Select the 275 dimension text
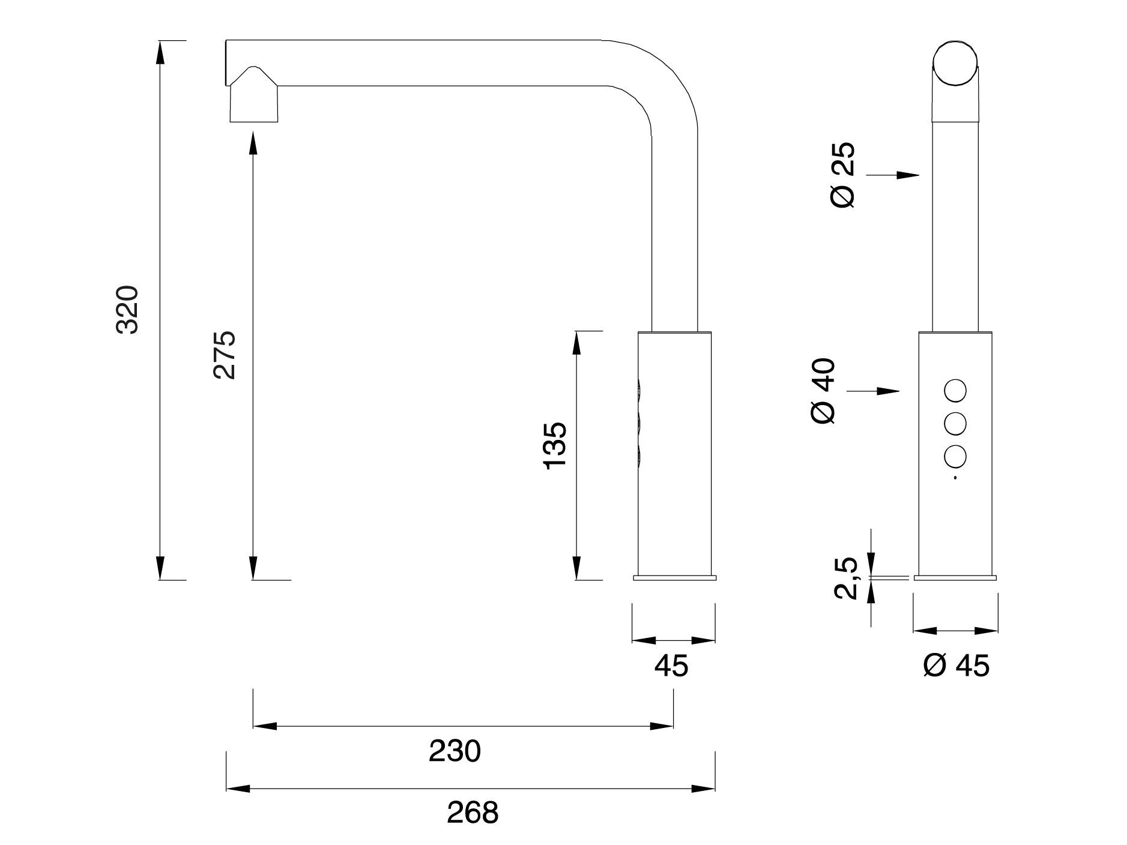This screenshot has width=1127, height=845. (x=225, y=354)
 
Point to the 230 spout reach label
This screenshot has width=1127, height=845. (x=455, y=751)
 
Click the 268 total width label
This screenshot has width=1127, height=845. (x=473, y=813)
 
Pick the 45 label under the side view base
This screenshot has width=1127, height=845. (x=671, y=666)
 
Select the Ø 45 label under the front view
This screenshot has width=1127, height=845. (x=956, y=666)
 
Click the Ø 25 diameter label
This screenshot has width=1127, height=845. (x=843, y=175)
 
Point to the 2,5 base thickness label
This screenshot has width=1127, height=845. (x=846, y=578)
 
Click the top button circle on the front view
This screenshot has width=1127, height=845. (x=955, y=391)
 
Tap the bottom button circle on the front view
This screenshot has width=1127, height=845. (x=955, y=457)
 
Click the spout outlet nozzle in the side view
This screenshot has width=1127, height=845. (x=254, y=102)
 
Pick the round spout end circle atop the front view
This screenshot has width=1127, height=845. (x=956, y=64)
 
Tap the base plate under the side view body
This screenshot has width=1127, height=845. (x=674, y=578)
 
